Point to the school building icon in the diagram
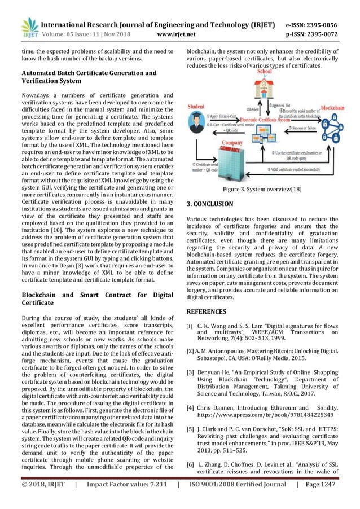[265, 91]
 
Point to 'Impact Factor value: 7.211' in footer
[121, 500]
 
